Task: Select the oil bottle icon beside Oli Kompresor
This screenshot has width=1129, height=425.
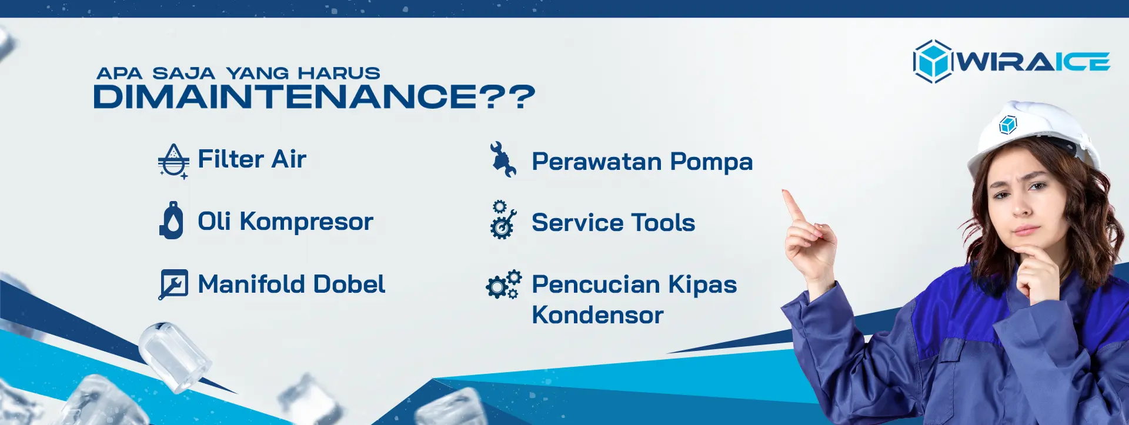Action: click(x=171, y=220)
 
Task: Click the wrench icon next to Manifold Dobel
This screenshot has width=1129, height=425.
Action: click(x=173, y=285)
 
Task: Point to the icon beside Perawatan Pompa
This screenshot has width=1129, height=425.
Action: click(x=503, y=159)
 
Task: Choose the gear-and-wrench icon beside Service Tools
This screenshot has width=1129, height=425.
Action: click(x=503, y=219)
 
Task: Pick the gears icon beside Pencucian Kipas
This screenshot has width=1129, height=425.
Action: click(x=503, y=285)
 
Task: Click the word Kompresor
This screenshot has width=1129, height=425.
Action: click(x=306, y=222)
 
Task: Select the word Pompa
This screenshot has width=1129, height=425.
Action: click(x=712, y=162)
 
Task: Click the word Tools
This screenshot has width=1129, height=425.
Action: click(x=663, y=223)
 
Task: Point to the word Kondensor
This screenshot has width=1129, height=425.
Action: click(x=597, y=315)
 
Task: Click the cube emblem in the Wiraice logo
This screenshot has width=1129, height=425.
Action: click(x=933, y=61)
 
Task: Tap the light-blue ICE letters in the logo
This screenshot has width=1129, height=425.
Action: click(x=1082, y=62)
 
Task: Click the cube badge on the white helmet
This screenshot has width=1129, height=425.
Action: click(x=1008, y=125)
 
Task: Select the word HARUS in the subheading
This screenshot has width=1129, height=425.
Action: click(x=339, y=73)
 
